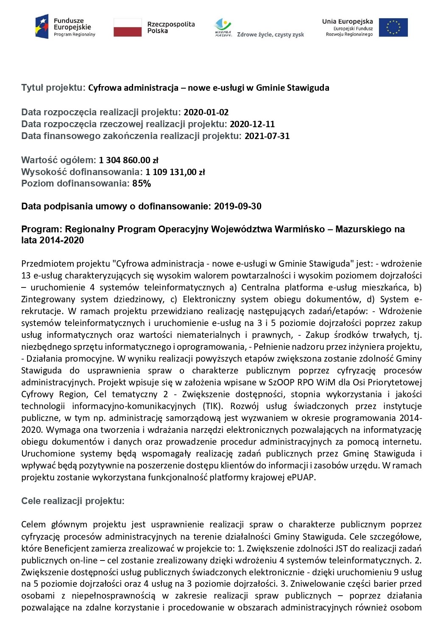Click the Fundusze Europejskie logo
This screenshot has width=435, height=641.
pos(66,27)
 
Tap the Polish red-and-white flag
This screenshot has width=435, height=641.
pos(127,27)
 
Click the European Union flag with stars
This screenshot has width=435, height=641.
pos(393,27)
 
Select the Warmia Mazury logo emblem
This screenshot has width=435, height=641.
pos(223,28)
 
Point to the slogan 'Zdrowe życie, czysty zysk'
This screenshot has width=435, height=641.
pos(270,35)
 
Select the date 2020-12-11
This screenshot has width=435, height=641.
pos(252,124)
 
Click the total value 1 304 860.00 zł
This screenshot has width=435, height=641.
pos(128,160)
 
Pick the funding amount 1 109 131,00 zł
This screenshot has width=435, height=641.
pos(175,172)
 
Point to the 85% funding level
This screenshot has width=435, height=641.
pos(142,184)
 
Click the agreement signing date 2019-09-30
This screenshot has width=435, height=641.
pos(238,206)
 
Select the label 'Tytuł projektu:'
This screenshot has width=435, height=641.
pos(53,88)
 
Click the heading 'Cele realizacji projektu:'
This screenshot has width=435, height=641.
pos(73,501)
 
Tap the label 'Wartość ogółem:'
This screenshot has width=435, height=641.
pos(59,160)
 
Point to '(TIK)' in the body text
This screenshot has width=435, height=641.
pos(212,406)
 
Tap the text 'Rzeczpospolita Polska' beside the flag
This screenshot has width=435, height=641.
pos(171,27)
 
